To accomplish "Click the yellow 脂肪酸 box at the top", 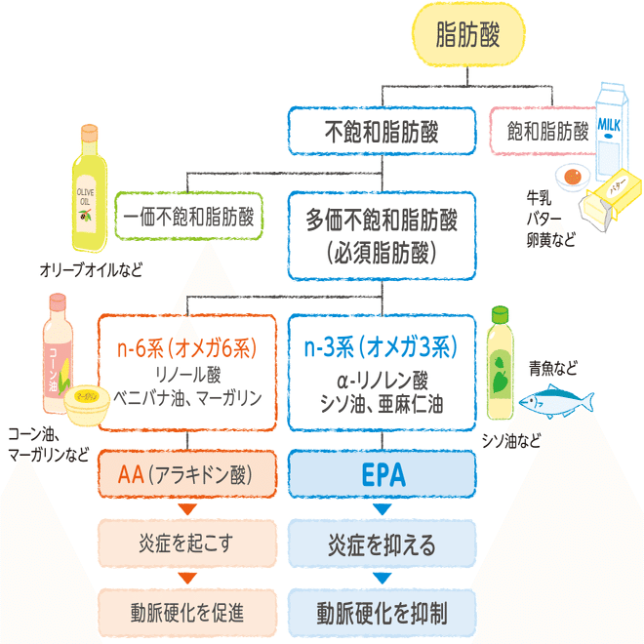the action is [x=468, y=34].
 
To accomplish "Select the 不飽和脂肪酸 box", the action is [x=382, y=131].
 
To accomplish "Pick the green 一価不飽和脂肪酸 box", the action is [x=188, y=216].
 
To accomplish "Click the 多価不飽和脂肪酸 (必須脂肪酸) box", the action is [x=382, y=236].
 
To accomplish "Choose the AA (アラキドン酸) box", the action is [x=187, y=474].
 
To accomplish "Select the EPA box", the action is [x=382, y=474].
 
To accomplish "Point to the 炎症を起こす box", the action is [x=187, y=543].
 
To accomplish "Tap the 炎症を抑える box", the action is [x=382, y=543].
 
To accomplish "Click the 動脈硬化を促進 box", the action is [x=187, y=613].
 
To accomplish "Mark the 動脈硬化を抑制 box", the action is [x=382, y=613].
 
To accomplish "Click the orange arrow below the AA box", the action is [x=187, y=509].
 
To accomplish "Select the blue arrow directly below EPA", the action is [x=382, y=509].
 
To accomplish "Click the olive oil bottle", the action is [x=89, y=188].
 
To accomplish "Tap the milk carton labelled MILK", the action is [x=612, y=132].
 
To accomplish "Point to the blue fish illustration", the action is [x=556, y=401].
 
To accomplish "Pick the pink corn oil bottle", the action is [x=58, y=353].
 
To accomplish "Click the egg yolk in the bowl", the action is [x=573, y=177].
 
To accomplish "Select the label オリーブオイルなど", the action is [x=91, y=270].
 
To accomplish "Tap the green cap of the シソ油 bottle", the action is [x=500, y=314].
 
